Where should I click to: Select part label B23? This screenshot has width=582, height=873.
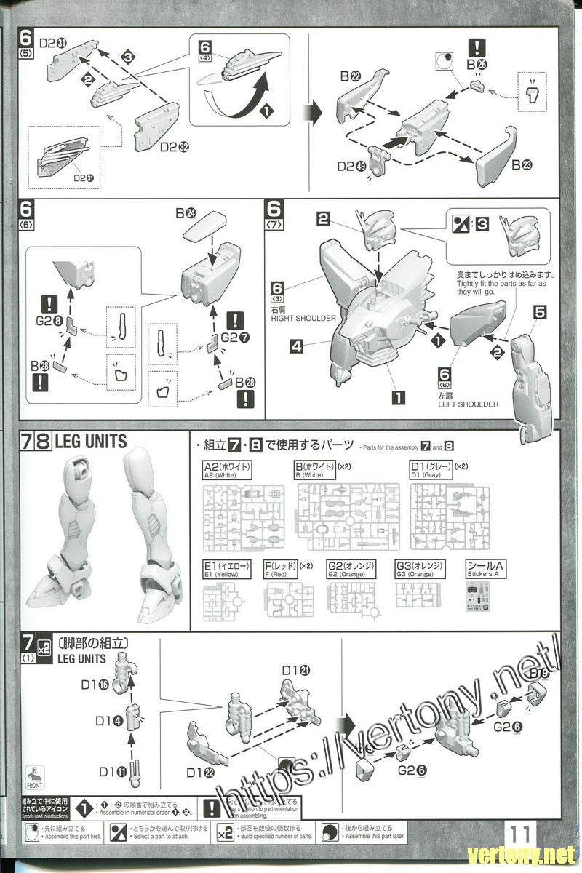pyautogui.click(x=522, y=164)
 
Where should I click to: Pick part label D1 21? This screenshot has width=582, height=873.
pyautogui.click(x=295, y=669)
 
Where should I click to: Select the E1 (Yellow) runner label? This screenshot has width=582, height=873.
pyautogui.click(x=221, y=569)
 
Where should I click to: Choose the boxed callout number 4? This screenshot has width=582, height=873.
pyautogui.click(x=296, y=347)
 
